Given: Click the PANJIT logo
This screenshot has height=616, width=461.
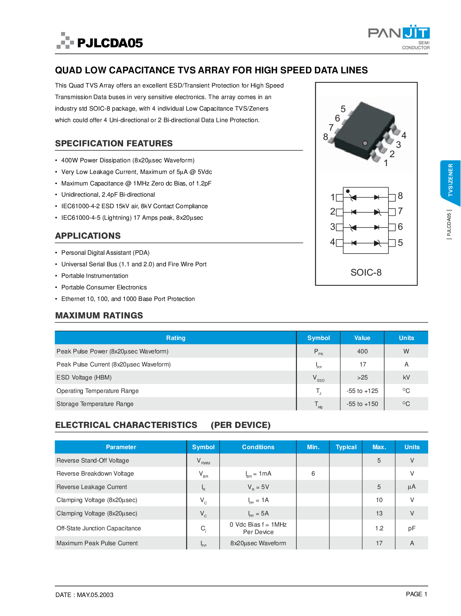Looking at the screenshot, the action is [x=399, y=37].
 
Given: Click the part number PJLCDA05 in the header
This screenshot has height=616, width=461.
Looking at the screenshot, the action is [x=110, y=43].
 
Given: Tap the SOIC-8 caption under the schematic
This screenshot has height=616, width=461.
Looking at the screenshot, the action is [x=366, y=272].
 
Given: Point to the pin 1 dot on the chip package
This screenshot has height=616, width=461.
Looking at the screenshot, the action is [x=365, y=143].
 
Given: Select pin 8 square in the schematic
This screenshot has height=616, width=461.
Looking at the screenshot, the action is [x=392, y=197].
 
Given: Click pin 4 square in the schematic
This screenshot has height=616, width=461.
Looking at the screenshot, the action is [x=339, y=243].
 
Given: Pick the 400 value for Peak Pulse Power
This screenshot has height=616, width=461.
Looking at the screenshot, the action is [x=362, y=351].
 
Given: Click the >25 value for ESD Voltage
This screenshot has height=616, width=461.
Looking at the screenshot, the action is [x=362, y=377].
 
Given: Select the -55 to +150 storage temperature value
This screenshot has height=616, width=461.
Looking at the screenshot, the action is [x=362, y=404].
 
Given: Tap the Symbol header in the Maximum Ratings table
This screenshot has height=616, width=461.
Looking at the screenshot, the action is [x=319, y=338].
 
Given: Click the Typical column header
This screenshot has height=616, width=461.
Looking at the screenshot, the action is [x=346, y=447].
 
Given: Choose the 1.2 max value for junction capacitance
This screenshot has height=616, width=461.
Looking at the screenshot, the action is [x=379, y=528].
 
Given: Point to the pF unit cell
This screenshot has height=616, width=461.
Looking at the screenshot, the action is [x=412, y=528].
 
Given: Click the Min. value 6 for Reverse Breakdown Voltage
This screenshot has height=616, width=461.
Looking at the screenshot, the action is [x=313, y=473].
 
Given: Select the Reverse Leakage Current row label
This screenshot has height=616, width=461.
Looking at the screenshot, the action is [x=91, y=487].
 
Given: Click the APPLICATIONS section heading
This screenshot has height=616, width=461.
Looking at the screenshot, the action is [x=88, y=236].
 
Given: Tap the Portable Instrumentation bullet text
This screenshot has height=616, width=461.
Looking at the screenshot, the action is [x=95, y=276].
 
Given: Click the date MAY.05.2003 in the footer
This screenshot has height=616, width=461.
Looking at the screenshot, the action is [x=95, y=595].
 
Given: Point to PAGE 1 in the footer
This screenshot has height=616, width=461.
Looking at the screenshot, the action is [x=416, y=594].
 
